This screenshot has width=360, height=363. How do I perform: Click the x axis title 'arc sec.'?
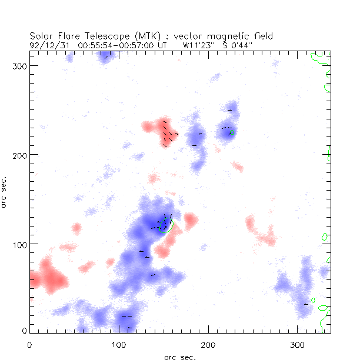pyautogui.click(x=180, y=357)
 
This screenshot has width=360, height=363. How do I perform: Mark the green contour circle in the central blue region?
pyautogui.click(x=166, y=225)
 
